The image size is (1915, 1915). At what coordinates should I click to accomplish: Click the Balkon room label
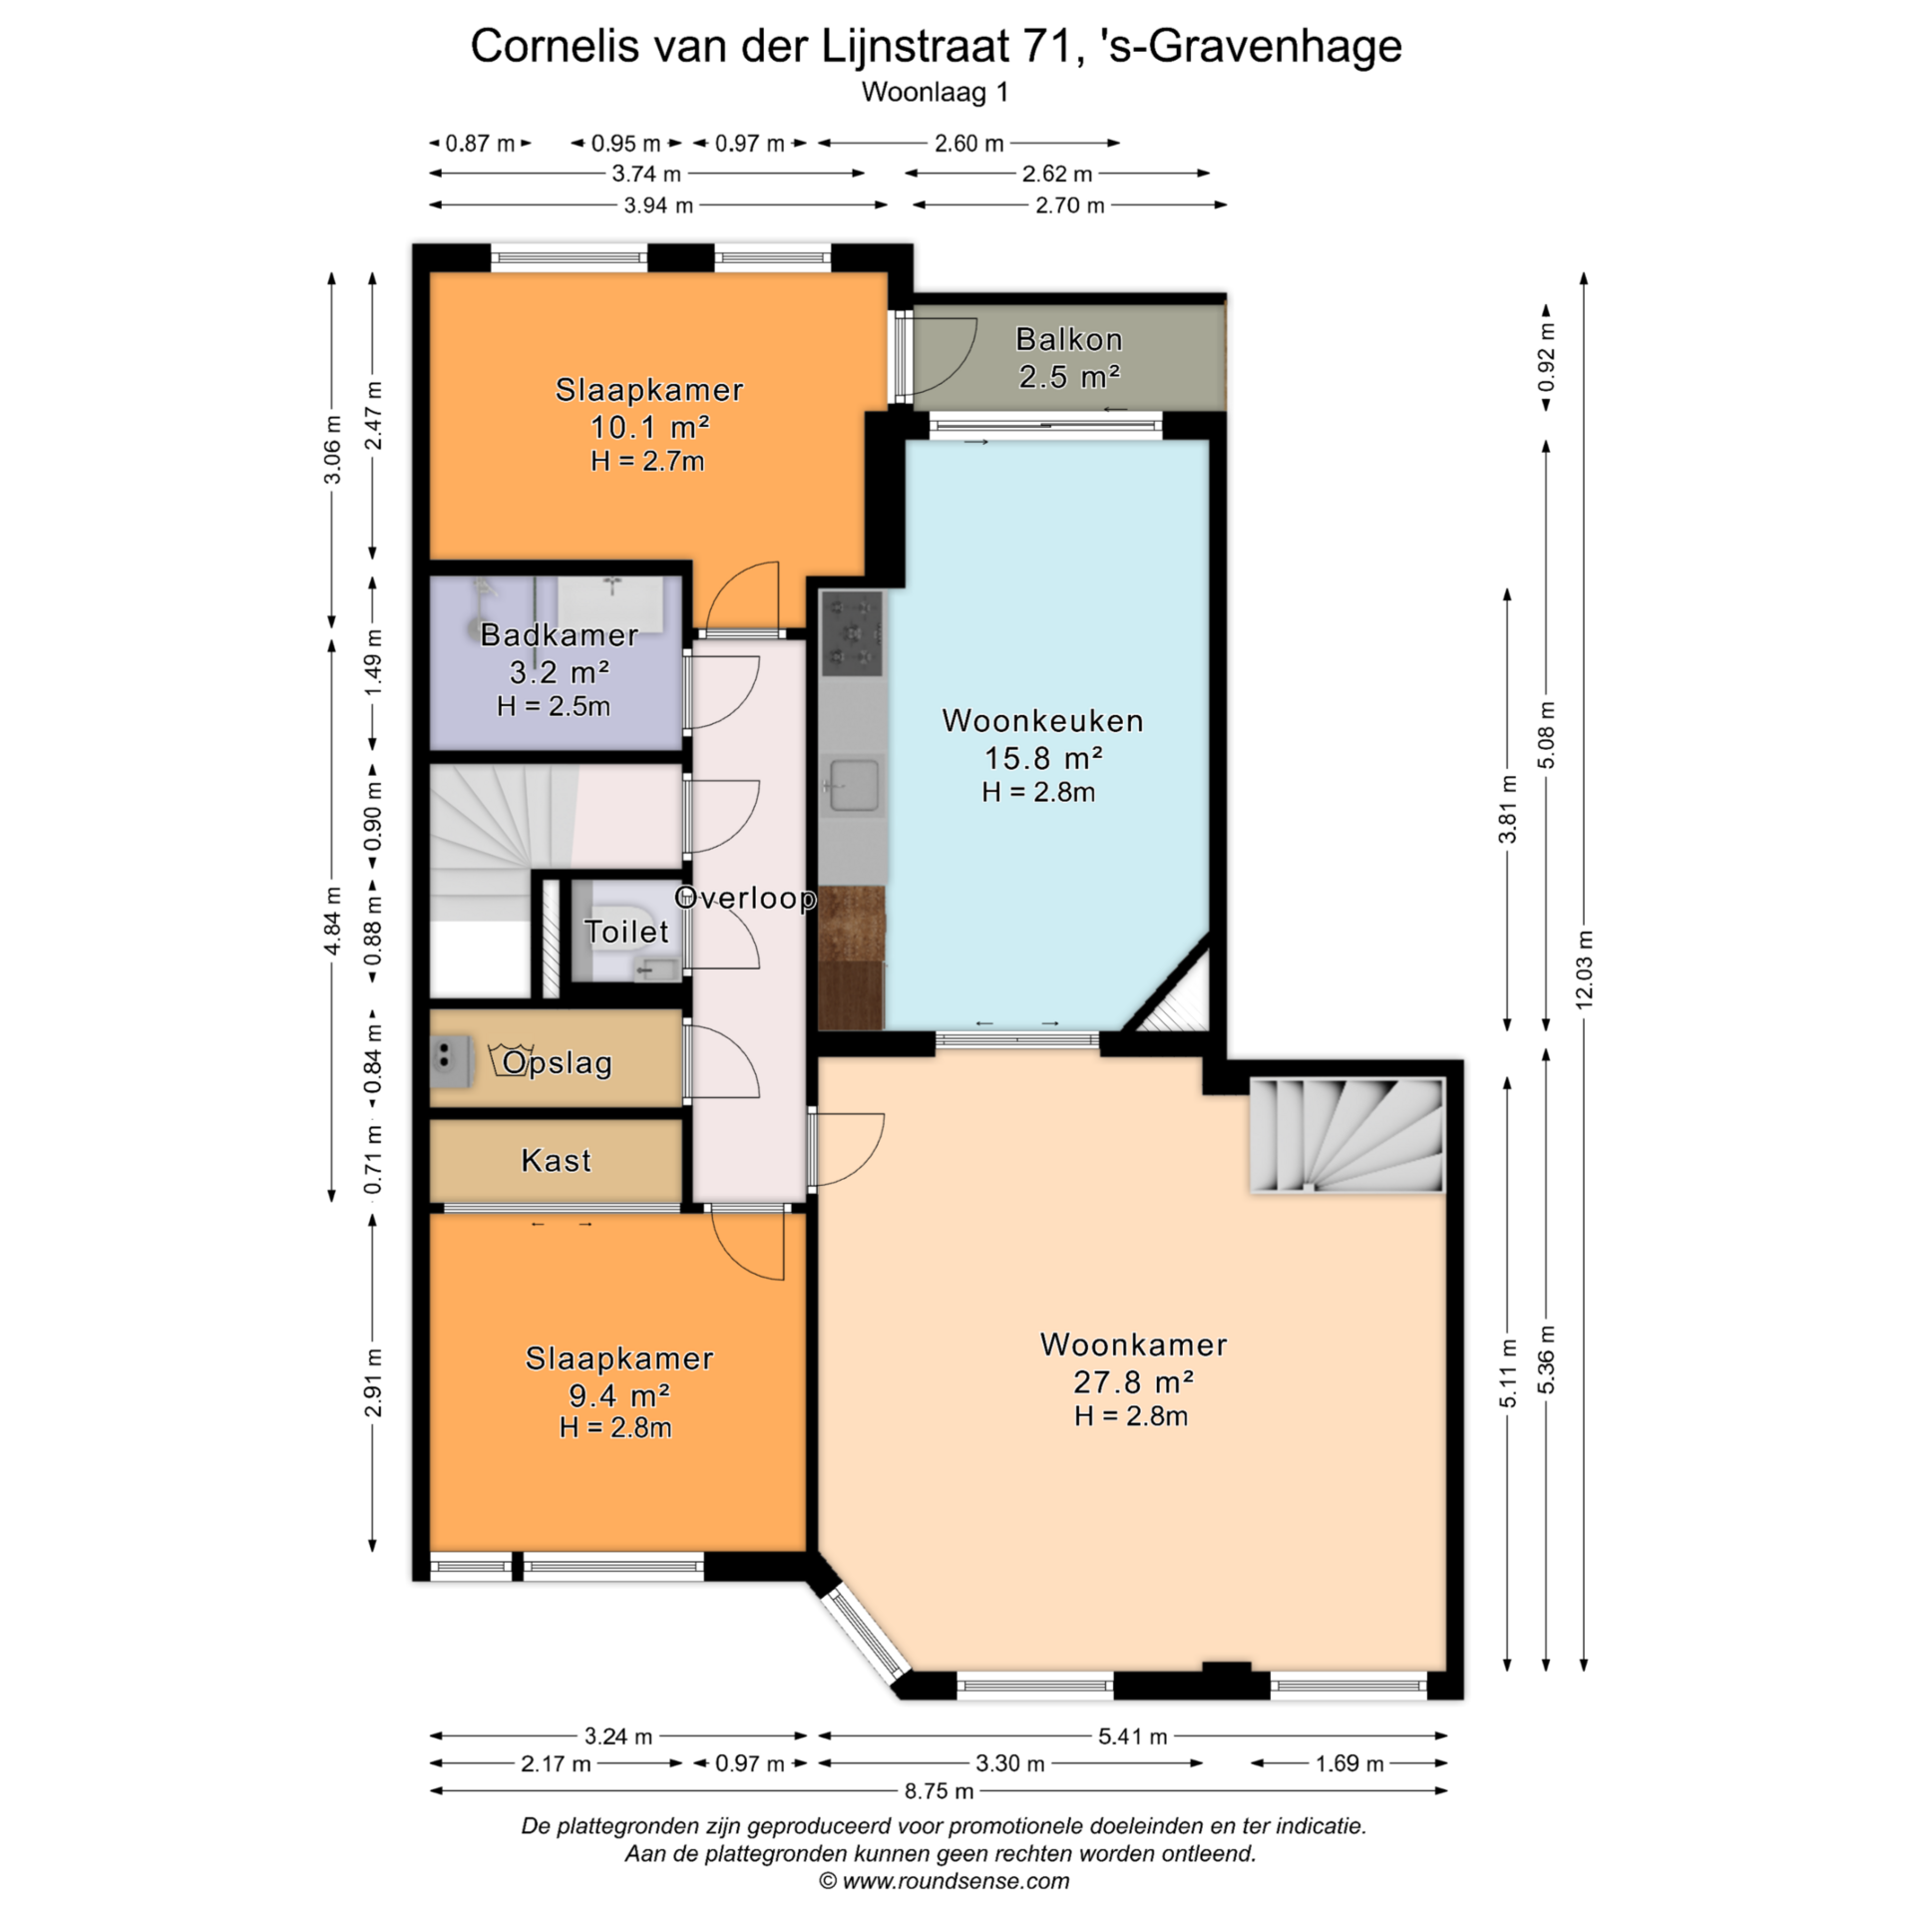[x=1068, y=339]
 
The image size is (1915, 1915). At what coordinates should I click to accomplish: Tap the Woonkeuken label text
[x=1042, y=720]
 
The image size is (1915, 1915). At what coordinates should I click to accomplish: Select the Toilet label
[x=625, y=931]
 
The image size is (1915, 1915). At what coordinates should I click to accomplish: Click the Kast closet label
[x=556, y=1160]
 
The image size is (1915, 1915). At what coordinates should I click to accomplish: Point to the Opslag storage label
[x=557, y=1063]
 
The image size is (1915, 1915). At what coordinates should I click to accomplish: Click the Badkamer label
[x=559, y=634]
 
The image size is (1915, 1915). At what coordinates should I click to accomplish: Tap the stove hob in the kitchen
[x=852, y=632]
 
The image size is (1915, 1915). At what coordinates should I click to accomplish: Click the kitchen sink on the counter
[x=853, y=784]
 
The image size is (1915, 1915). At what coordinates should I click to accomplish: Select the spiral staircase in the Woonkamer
[x=1346, y=1135]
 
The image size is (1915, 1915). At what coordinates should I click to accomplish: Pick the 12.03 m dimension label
[x=1584, y=967]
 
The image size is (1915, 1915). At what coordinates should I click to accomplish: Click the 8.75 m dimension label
[x=939, y=1790]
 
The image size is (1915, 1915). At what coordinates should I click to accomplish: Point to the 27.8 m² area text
[x=1133, y=1381]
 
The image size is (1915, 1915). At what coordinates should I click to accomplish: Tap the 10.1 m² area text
[x=649, y=427]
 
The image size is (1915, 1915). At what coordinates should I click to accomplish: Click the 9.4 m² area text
[x=619, y=1395]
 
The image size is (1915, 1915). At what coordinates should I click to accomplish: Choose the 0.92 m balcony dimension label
[x=1546, y=356]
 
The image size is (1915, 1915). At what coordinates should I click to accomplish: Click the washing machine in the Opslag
[x=451, y=1059]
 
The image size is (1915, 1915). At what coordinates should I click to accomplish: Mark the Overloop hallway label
[x=746, y=898]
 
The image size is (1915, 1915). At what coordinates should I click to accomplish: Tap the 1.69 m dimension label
[x=1349, y=1763]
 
